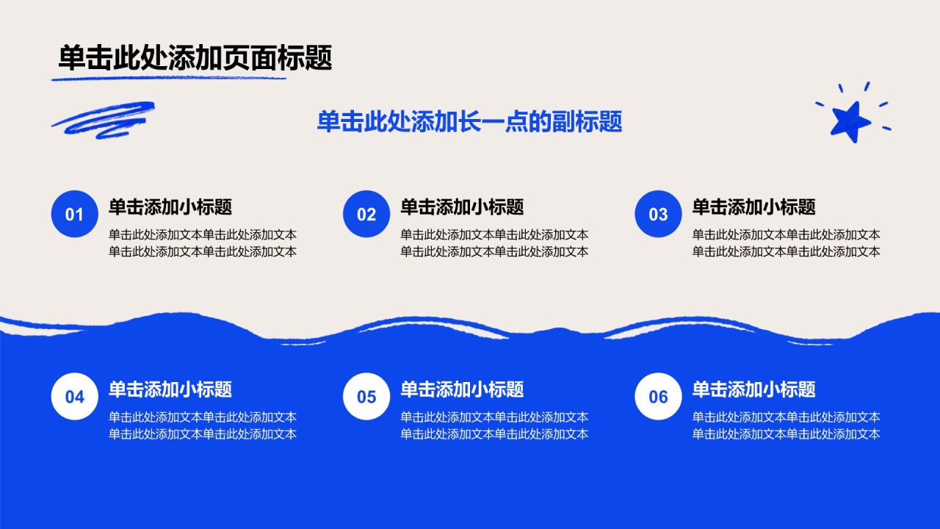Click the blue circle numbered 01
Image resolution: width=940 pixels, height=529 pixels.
75,214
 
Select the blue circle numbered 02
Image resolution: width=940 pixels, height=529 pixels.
366,214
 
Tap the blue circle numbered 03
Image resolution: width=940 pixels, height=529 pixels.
658,214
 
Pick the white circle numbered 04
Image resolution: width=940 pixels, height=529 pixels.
75,396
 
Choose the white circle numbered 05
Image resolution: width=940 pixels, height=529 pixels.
366,396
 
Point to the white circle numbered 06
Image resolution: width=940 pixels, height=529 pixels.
658,396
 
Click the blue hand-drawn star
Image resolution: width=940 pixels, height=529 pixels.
850,121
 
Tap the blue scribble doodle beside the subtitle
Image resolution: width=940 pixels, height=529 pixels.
104,120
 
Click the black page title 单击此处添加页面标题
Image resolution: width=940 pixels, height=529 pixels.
195,57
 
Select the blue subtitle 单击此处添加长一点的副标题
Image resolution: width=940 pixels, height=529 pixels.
469,122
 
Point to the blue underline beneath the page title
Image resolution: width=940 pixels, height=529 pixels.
169,78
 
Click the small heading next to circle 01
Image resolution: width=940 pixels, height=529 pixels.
170,207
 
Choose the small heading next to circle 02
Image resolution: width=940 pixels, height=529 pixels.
462,207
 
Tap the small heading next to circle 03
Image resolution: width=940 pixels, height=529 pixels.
753,207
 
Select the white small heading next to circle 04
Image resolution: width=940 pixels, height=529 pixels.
170,389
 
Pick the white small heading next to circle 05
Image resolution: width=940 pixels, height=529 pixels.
462,389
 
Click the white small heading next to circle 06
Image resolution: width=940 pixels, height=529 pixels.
753,389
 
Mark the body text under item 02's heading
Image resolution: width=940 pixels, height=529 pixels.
494,243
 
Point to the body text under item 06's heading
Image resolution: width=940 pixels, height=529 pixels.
786,425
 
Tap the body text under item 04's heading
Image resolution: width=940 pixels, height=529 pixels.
202,425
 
